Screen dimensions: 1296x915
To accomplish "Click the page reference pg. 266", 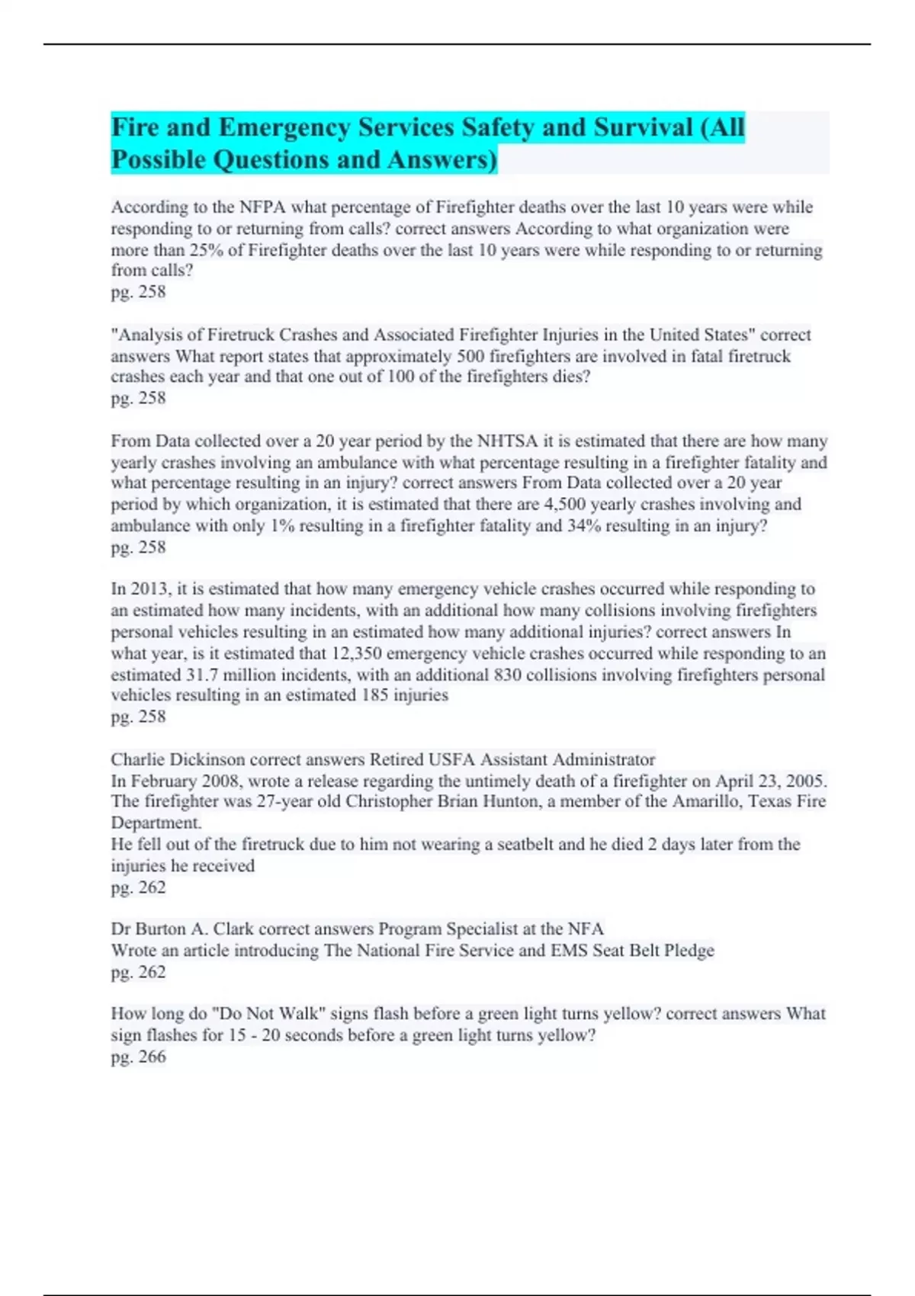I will click(138, 1057).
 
